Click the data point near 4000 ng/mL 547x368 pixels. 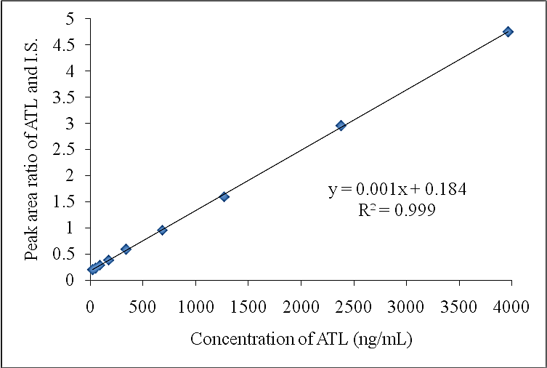[508, 31]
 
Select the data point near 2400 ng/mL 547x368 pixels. [341, 125]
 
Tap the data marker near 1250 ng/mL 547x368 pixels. [224, 196]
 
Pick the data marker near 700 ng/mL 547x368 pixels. [162, 230]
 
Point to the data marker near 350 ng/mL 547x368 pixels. [126, 249]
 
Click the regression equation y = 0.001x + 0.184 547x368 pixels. [397, 190]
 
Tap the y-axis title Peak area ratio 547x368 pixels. [32, 149]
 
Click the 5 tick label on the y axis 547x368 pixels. [76, 18]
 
